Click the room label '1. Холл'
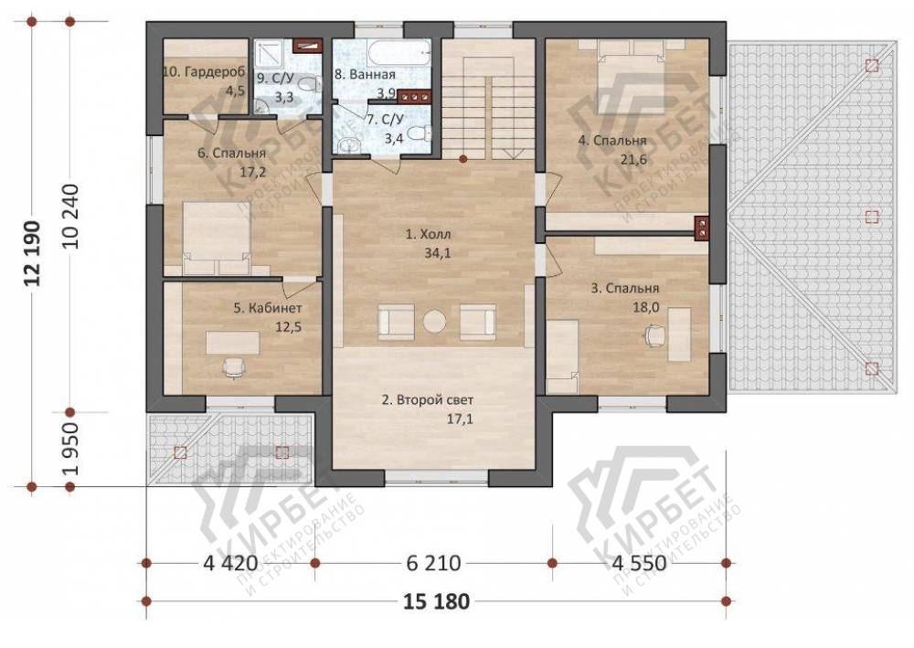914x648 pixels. pyautogui.click(x=429, y=235)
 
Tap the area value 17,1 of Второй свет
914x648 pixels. pyautogui.click(x=460, y=419)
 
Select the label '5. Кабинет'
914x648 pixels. pyautogui.click(x=268, y=308)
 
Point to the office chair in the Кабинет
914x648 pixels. pyautogui.click(x=234, y=367)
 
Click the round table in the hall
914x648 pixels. pyautogui.click(x=434, y=321)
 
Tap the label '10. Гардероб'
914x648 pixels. pyautogui.click(x=204, y=72)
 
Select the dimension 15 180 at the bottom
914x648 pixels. pyautogui.click(x=436, y=600)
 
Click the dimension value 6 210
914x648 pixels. pyautogui.click(x=433, y=563)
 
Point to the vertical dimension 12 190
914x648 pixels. pyautogui.click(x=33, y=253)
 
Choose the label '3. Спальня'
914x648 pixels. pyautogui.click(x=625, y=289)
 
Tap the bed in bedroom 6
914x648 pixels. pyautogui.click(x=217, y=239)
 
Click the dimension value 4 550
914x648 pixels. pyautogui.click(x=639, y=563)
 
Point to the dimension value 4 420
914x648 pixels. pyautogui.click(x=230, y=563)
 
